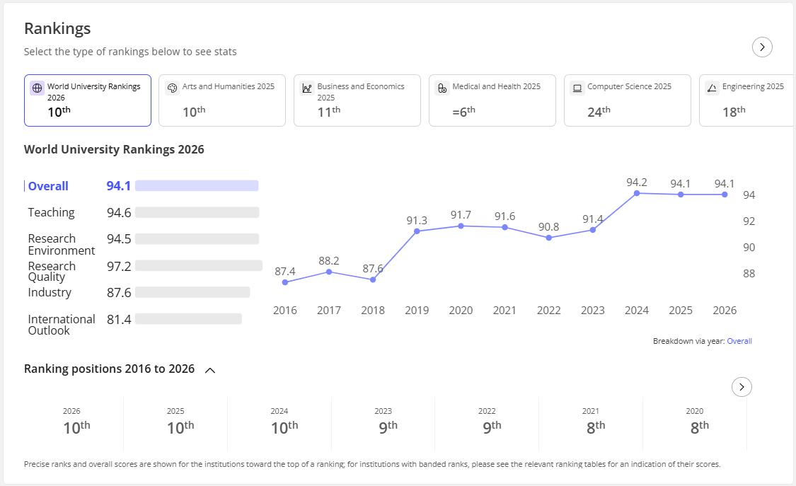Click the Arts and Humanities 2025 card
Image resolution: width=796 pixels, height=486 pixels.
(222, 100)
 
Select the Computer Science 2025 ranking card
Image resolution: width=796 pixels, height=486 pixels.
(627, 100)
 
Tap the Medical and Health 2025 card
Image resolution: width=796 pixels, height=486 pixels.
(492, 100)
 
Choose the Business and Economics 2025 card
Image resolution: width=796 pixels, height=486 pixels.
(357, 100)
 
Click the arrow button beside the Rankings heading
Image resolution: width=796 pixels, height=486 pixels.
(762, 47)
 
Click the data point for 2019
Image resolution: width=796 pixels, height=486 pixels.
(417, 231)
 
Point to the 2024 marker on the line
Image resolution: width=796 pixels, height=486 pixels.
(637, 193)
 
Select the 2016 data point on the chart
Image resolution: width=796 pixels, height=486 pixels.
(285, 282)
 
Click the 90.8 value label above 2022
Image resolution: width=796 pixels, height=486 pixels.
(549, 227)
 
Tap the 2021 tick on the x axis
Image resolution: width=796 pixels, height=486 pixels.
(504, 310)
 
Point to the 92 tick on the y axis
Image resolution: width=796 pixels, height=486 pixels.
(749, 221)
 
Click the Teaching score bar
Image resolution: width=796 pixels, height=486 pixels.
(197, 212)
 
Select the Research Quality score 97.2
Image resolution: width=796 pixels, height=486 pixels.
(119, 266)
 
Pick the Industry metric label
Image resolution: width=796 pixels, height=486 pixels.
(50, 292)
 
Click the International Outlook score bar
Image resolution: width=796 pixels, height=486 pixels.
(188, 318)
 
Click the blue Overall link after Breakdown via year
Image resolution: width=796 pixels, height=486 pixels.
(739, 341)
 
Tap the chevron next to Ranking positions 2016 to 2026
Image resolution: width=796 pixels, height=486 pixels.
(209, 370)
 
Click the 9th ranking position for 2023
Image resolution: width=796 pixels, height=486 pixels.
(388, 427)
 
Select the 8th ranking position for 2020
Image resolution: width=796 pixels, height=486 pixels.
(700, 427)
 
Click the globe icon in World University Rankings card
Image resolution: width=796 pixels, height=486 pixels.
(37, 88)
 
